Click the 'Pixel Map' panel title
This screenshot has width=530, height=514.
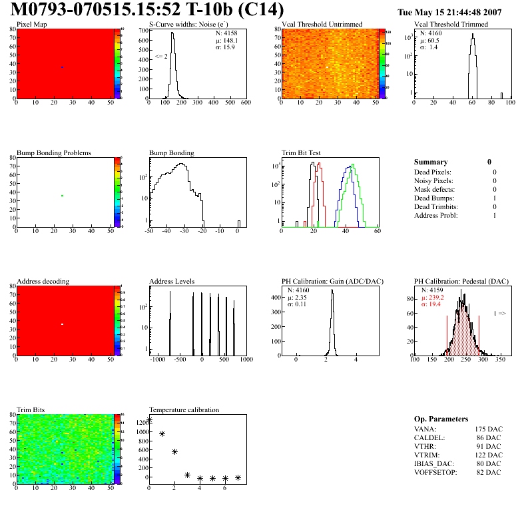pyautogui.click(x=31, y=24)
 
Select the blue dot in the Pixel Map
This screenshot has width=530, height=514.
pyautogui.click(x=63, y=67)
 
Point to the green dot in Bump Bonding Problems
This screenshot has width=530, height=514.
pyautogui.click(x=62, y=196)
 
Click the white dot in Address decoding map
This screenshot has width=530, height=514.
pyautogui.click(x=62, y=324)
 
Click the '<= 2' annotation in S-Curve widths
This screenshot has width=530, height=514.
pyautogui.click(x=161, y=57)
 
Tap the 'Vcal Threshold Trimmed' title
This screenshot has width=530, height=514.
pyautogui.click(x=451, y=24)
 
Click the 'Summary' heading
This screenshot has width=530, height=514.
pyautogui.click(x=431, y=162)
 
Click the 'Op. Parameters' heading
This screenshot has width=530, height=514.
pyautogui.click(x=441, y=419)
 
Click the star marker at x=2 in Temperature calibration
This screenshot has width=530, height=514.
pyautogui.click(x=174, y=451)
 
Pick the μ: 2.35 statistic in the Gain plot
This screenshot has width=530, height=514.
pyautogui.click(x=298, y=297)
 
